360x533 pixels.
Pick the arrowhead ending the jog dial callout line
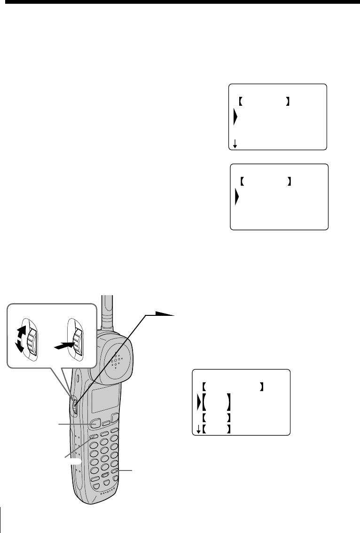(x=165, y=314)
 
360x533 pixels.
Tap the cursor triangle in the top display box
(x=235, y=118)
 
